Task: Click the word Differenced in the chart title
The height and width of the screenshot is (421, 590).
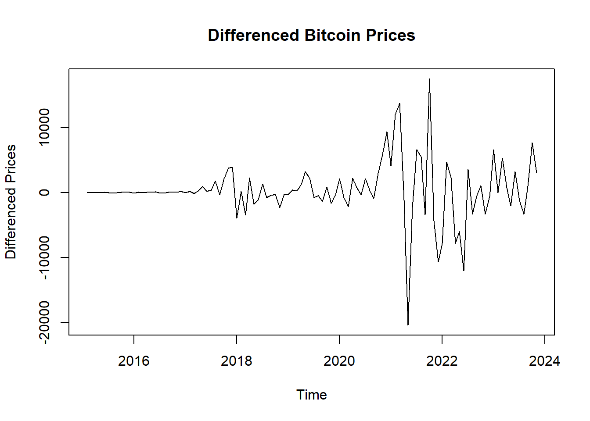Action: point(253,35)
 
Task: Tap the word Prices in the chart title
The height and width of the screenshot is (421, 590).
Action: point(391,35)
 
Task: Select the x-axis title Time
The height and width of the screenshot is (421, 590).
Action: point(311,395)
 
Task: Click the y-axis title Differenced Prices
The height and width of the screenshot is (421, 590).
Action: point(11,202)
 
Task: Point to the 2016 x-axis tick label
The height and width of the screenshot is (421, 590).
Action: point(134,361)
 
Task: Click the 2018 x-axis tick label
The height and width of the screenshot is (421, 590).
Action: point(237,361)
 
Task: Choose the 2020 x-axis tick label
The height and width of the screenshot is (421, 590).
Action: point(339,361)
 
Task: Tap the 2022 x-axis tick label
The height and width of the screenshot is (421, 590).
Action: point(442,361)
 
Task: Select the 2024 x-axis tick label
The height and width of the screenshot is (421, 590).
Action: point(544,361)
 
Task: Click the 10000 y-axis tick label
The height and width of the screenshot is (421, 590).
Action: point(44,128)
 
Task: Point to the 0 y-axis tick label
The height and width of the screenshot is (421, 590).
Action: point(44,193)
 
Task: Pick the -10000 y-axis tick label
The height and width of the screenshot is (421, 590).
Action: point(44,257)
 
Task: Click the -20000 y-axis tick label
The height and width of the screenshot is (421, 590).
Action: point(44,322)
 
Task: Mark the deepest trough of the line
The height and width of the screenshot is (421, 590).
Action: point(408,325)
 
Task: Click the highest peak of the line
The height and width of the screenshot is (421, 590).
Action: point(429,79)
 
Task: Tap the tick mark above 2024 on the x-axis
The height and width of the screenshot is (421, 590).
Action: point(545,339)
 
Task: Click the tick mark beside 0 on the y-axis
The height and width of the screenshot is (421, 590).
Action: point(65,193)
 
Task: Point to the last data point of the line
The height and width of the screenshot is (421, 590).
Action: point(536,173)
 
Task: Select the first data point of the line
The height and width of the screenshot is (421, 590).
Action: point(87,193)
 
